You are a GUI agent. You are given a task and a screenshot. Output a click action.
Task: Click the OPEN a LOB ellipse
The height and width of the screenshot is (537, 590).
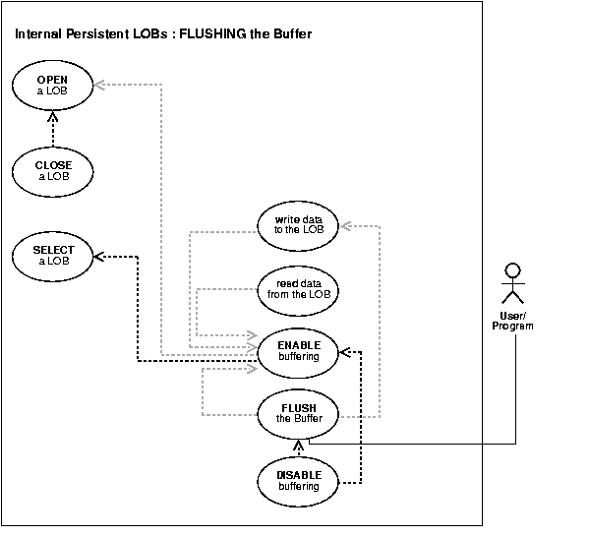(54, 85)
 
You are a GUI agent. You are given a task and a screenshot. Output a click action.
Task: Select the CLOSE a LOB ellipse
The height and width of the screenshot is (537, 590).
(54, 170)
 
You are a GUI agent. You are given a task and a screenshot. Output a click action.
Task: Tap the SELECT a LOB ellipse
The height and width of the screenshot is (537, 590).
(54, 255)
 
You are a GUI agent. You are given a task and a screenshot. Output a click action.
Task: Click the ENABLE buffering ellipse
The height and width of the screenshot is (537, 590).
(298, 351)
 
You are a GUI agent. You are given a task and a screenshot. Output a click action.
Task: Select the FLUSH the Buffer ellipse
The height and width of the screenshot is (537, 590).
(298, 411)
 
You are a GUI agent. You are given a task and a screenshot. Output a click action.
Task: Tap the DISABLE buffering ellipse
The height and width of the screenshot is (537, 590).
(298, 479)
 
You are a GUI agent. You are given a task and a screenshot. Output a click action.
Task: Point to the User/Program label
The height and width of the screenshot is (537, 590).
(511, 321)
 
